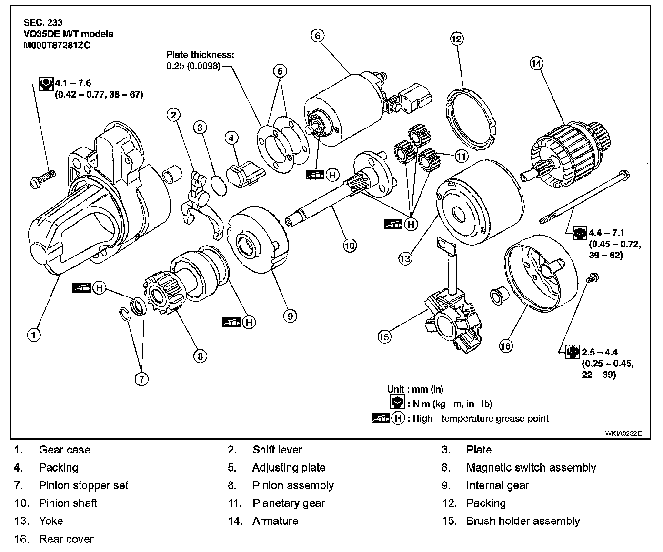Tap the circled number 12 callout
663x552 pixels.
(x=456, y=39)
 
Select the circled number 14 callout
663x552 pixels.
(x=536, y=63)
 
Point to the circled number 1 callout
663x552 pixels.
(x=33, y=335)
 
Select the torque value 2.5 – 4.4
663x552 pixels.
(x=600, y=352)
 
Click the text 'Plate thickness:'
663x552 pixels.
(x=200, y=55)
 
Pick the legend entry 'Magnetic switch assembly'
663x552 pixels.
(x=531, y=468)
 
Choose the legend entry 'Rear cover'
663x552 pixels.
(x=66, y=539)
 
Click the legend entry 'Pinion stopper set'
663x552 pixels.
(x=84, y=486)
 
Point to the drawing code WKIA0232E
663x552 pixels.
(x=623, y=434)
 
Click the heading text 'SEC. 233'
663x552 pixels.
(x=43, y=22)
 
